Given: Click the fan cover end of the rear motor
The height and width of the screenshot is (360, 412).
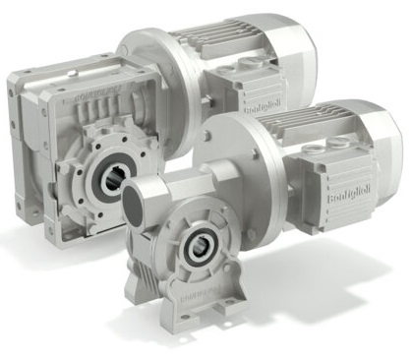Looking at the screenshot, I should [x=296, y=54].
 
